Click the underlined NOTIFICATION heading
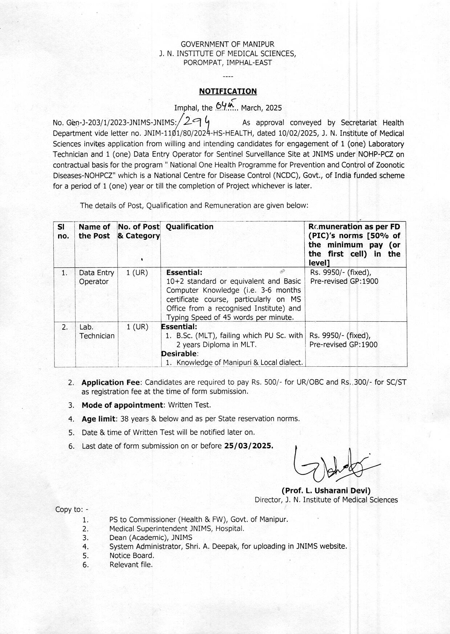tap(228, 91)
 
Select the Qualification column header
tap(190, 227)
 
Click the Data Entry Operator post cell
tap(96, 277)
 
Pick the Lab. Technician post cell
tap(97, 332)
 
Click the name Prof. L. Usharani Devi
tap(326, 491)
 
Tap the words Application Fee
tap(110, 382)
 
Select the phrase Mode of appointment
tap(122, 405)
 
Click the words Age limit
tap(98, 419)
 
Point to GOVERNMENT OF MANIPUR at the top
tap(227, 44)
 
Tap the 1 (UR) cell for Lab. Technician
tap(137, 327)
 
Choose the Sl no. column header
tap(63, 231)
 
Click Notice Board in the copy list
tap(132, 556)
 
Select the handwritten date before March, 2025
tap(225, 106)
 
